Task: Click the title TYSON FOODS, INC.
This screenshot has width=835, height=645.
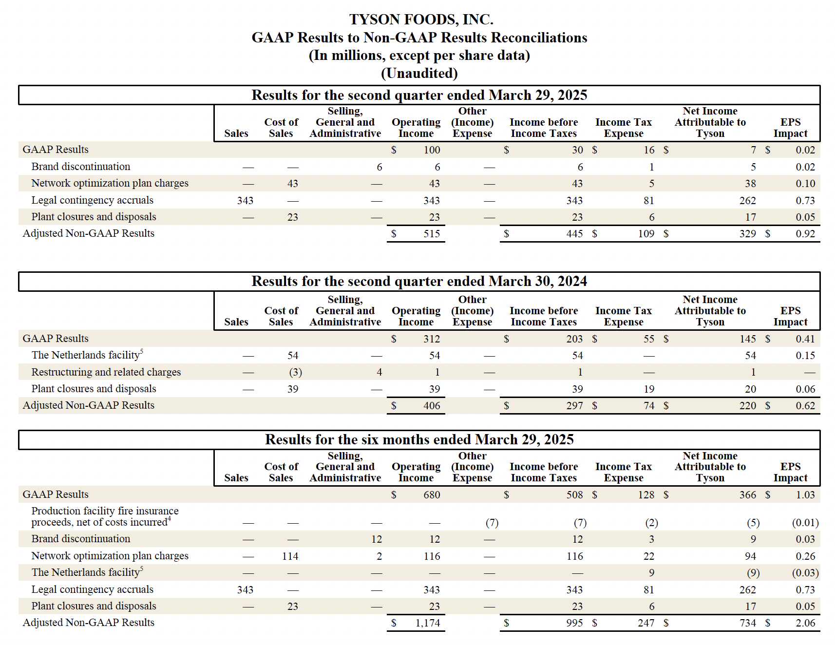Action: pos(421,19)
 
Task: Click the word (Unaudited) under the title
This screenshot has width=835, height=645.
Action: pos(419,73)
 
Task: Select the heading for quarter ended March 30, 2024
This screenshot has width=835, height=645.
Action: pos(419,282)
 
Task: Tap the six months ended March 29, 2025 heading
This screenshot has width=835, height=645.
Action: pos(419,439)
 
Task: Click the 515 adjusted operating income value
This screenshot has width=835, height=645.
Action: pos(432,234)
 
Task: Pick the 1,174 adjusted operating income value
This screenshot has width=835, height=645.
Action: pos(428,623)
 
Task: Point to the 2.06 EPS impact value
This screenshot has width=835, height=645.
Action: pos(805,623)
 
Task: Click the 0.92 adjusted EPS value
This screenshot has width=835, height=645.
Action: pos(805,234)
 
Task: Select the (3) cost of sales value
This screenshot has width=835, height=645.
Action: pos(295,373)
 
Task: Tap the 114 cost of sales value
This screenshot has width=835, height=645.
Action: pos(290,556)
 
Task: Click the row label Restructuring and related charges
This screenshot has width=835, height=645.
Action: pos(106,372)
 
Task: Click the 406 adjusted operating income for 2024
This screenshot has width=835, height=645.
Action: pos(432,406)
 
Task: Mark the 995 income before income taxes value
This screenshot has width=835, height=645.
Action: pos(574,623)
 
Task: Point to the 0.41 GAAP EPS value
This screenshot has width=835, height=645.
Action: pos(805,339)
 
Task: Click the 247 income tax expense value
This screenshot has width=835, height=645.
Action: pos(646,623)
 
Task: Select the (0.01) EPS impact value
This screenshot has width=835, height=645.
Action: pos(805,523)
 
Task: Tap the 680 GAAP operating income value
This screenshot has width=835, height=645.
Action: pos(432,495)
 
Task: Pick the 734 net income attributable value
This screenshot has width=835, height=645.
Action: pos(748,623)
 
